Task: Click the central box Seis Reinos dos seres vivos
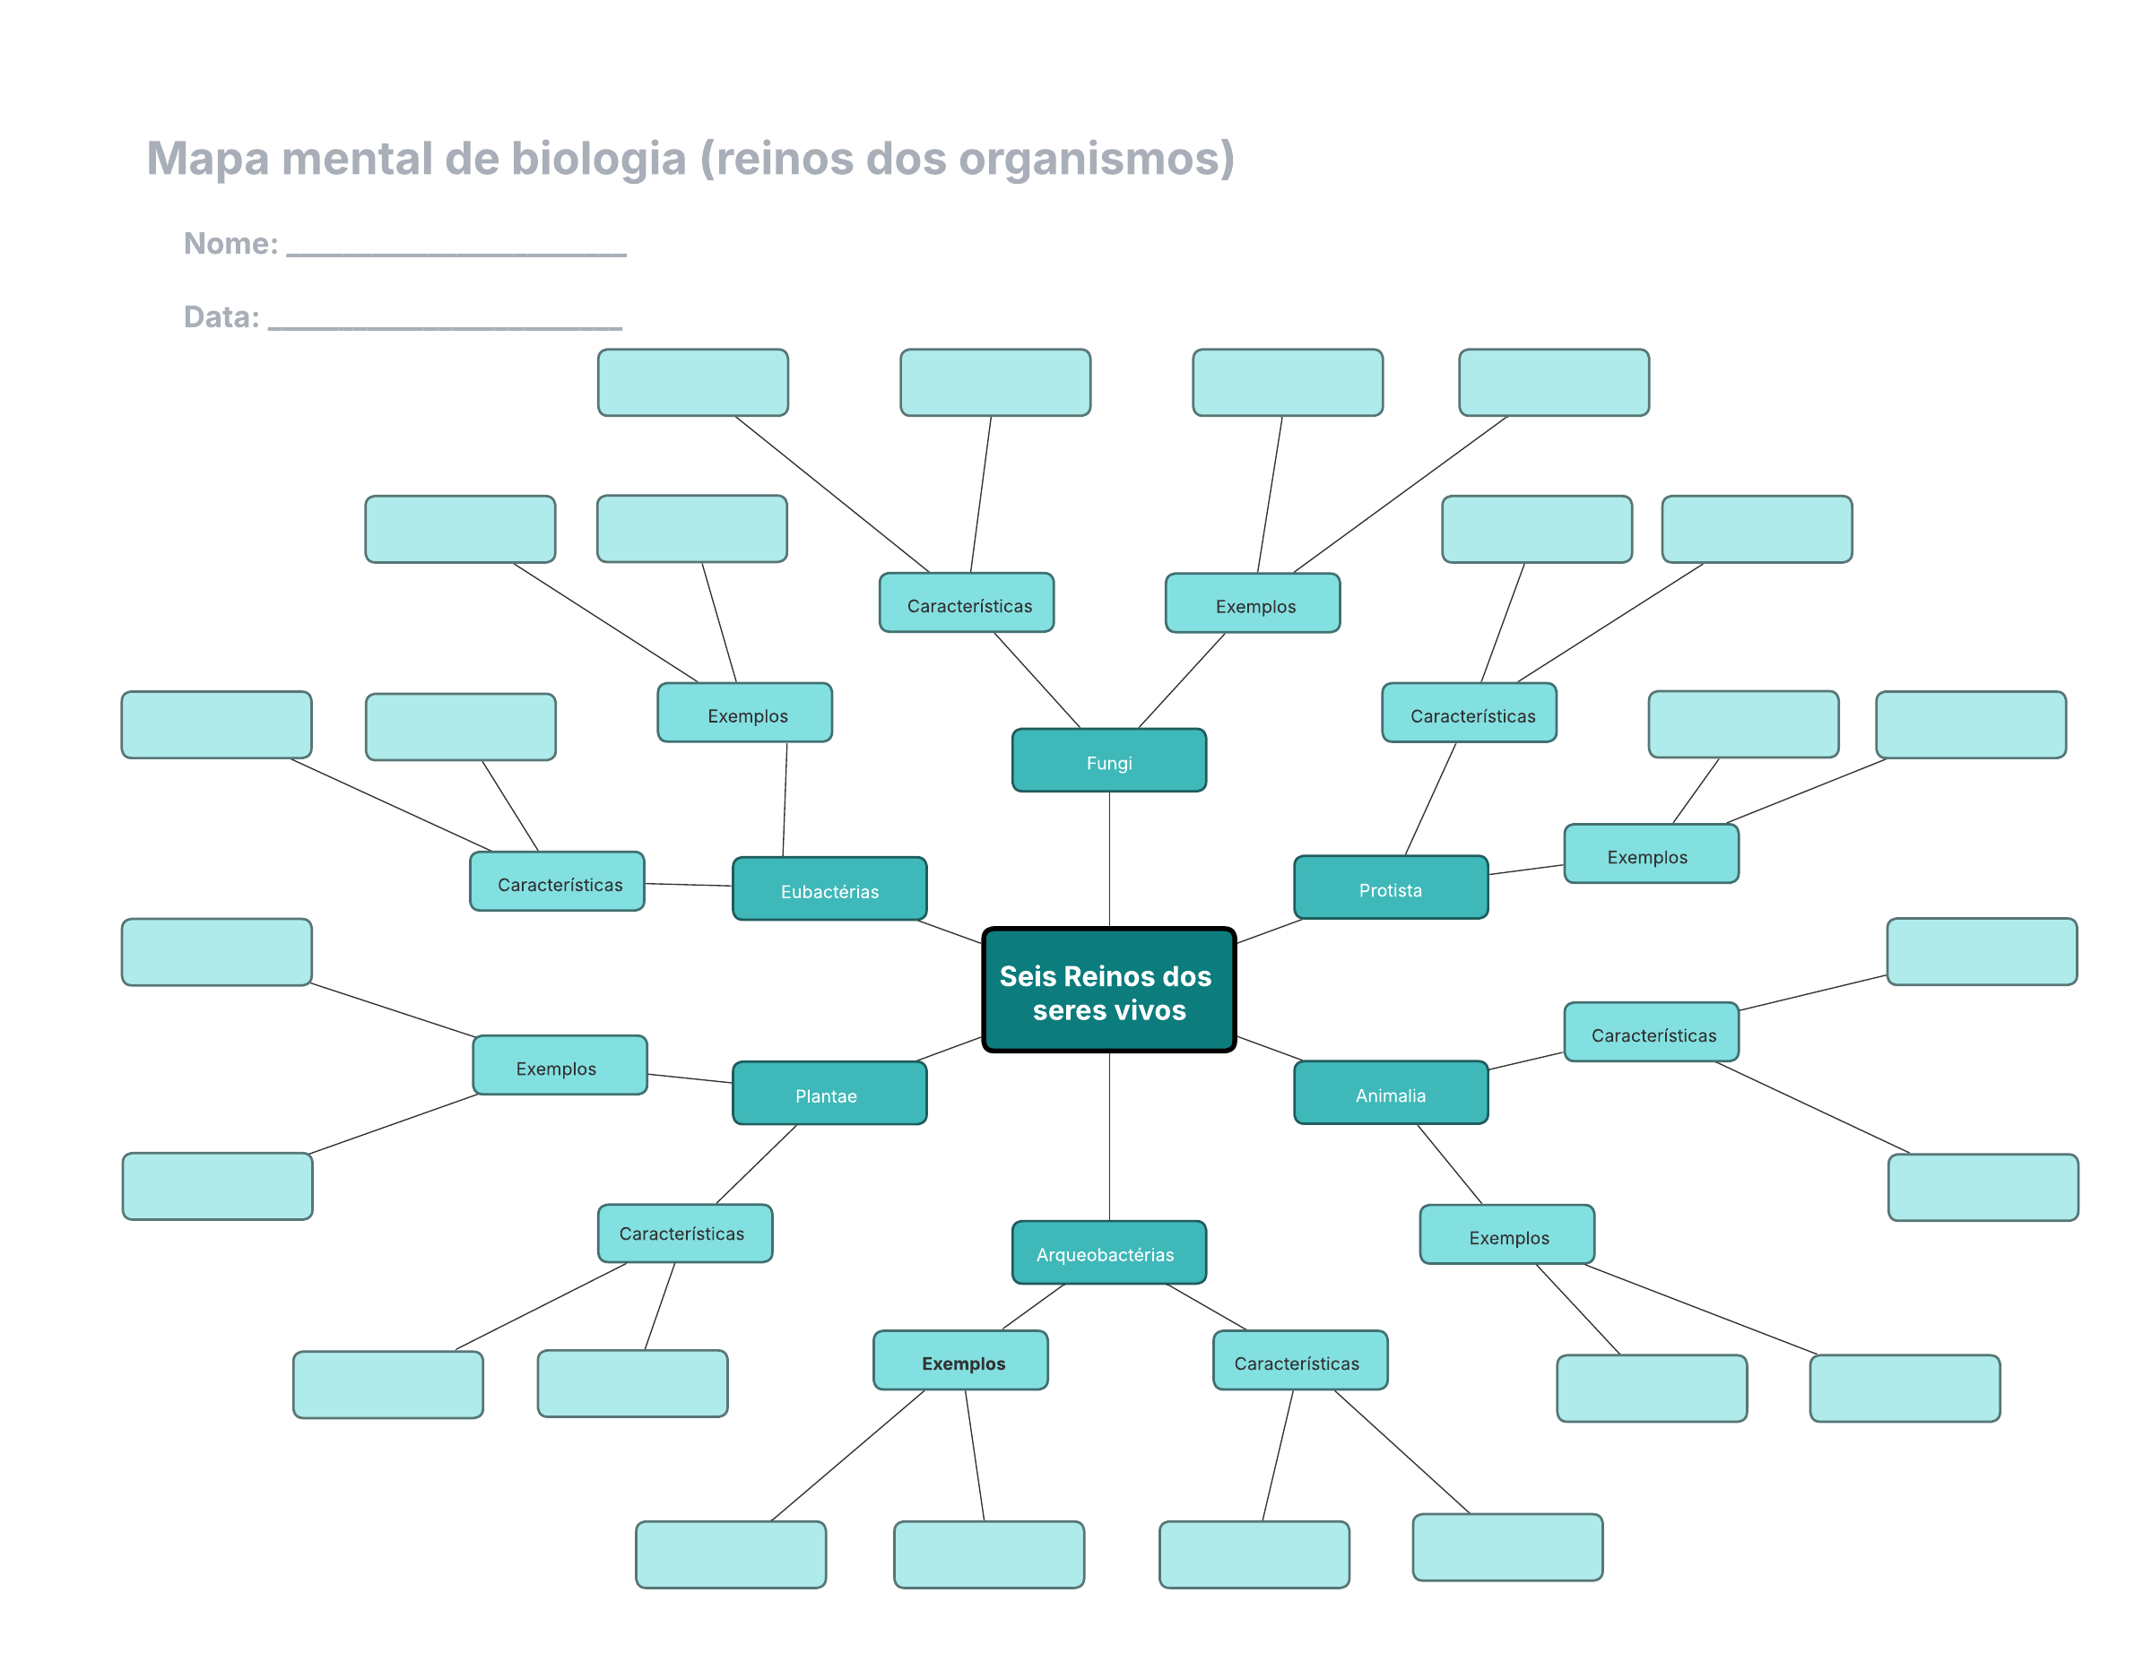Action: point(1108,990)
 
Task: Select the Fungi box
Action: point(1108,760)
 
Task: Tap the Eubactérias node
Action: point(829,888)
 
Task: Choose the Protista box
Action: point(1391,887)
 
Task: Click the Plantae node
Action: point(829,1094)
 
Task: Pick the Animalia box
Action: point(1391,1093)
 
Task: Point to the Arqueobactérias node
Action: point(1108,1252)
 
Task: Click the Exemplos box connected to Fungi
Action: point(1253,603)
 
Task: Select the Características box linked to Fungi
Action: point(967,603)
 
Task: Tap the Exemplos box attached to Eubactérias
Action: point(745,714)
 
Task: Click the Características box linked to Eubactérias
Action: point(557,882)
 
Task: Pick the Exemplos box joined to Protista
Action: point(1651,854)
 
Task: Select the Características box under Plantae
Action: point(685,1234)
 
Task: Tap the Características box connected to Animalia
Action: point(1651,1033)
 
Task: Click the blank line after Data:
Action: point(445,320)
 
